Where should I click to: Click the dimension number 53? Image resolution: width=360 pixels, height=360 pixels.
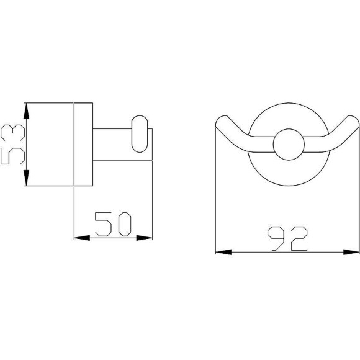tap(13, 145)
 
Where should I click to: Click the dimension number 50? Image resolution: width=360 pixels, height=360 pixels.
tap(113, 224)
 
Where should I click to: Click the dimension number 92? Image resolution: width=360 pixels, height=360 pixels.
tap(287, 238)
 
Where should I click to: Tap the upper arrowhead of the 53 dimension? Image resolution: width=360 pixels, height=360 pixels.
tap(27, 111)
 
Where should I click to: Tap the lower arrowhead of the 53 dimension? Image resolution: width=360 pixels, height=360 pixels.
tap(27, 178)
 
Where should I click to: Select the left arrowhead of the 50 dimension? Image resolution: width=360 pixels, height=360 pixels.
tap(82, 238)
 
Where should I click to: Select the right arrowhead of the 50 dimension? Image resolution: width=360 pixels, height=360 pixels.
tap(145, 238)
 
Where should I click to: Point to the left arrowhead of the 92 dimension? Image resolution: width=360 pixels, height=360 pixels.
tap(223, 252)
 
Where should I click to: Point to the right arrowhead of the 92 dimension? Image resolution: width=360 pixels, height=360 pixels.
tap(351, 252)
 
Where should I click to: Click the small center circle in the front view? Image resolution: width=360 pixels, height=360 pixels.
tap(289, 145)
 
